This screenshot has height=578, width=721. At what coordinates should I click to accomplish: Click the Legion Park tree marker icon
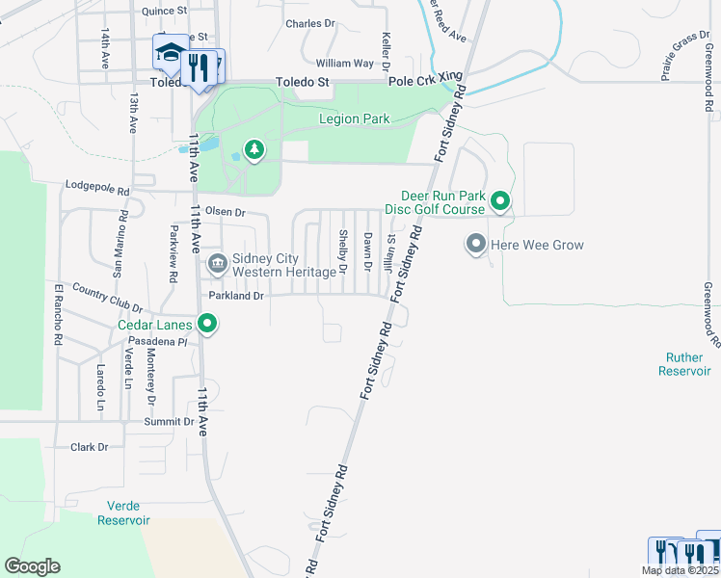(x=254, y=149)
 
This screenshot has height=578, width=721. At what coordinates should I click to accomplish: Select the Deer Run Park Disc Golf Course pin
(x=500, y=201)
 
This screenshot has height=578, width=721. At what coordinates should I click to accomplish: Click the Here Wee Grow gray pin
(x=475, y=245)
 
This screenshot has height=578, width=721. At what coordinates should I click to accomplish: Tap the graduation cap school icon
(x=170, y=53)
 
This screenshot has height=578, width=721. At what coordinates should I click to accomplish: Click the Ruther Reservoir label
(x=686, y=363)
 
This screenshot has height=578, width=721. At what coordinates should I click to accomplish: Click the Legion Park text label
(x=355, y=119)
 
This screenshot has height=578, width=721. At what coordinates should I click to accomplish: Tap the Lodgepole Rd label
(x=96, y=188)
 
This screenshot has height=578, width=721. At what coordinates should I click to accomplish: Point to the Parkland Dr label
(x=236, y=296)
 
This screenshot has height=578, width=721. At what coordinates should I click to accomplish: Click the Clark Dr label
(x=89, y=447)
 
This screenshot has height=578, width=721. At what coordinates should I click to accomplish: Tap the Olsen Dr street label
(x=226, y=212)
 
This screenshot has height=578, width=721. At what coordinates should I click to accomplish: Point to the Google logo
(x=32, y=566)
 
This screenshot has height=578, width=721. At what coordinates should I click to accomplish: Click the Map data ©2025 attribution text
(x=680, y=570)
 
